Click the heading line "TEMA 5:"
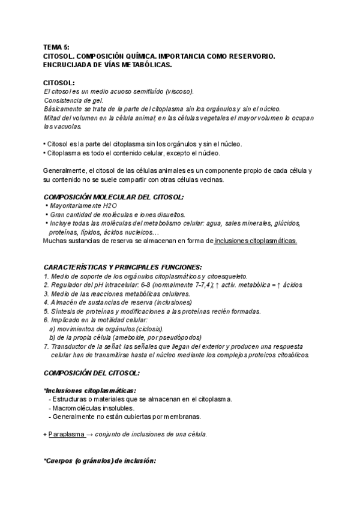[57, 47]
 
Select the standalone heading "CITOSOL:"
[59, 82]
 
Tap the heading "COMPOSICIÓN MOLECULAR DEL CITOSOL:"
[114, 197]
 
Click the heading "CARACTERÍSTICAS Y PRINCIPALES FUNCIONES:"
[123, 267]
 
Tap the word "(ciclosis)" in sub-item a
[146, 329]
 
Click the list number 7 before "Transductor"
[46, 346]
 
